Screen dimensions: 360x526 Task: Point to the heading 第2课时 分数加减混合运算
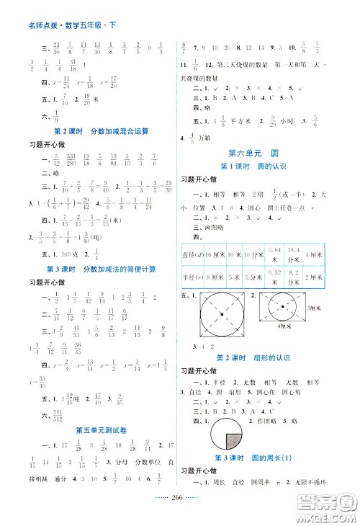[x=91, y=131]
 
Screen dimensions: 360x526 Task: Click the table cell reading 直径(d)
[x=194, y=254]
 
